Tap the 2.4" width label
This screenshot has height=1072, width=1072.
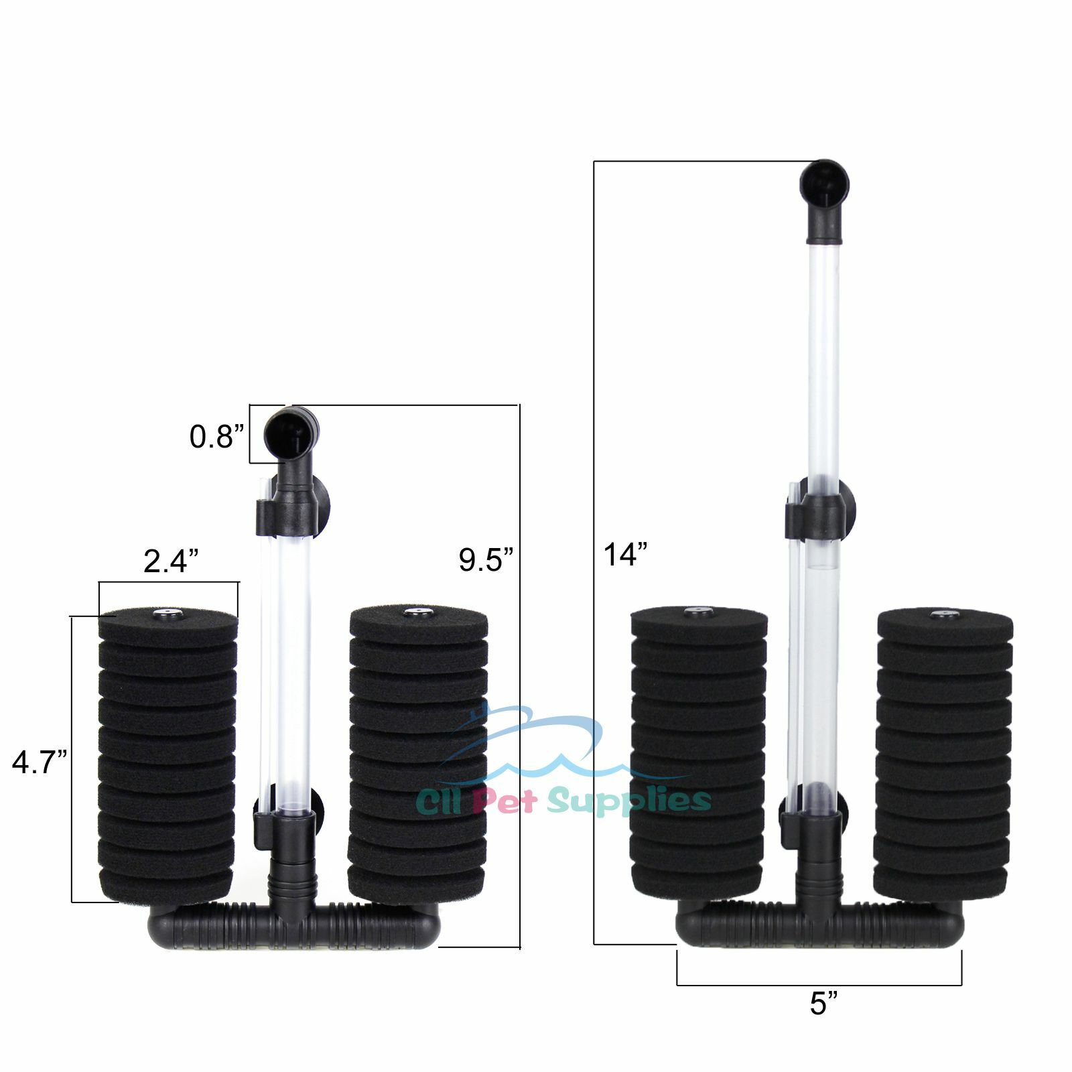[x=171, y=560]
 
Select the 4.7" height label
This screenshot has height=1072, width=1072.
[x=39, y=762]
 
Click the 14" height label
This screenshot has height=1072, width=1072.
[x=625, y=555]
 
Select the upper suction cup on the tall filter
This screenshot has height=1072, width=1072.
[x=847, y=500]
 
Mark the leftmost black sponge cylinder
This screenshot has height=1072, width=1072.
[x=167, y=757]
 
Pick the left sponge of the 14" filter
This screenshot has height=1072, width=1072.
[x=698, y=754]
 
